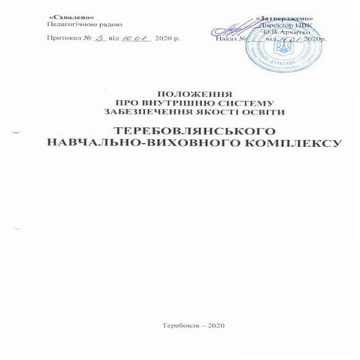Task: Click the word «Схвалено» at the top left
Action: click(68, 17)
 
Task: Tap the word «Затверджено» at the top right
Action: click(285, 17)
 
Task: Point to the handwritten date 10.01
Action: click(137, 37)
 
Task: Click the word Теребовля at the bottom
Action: click(178, 327)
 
